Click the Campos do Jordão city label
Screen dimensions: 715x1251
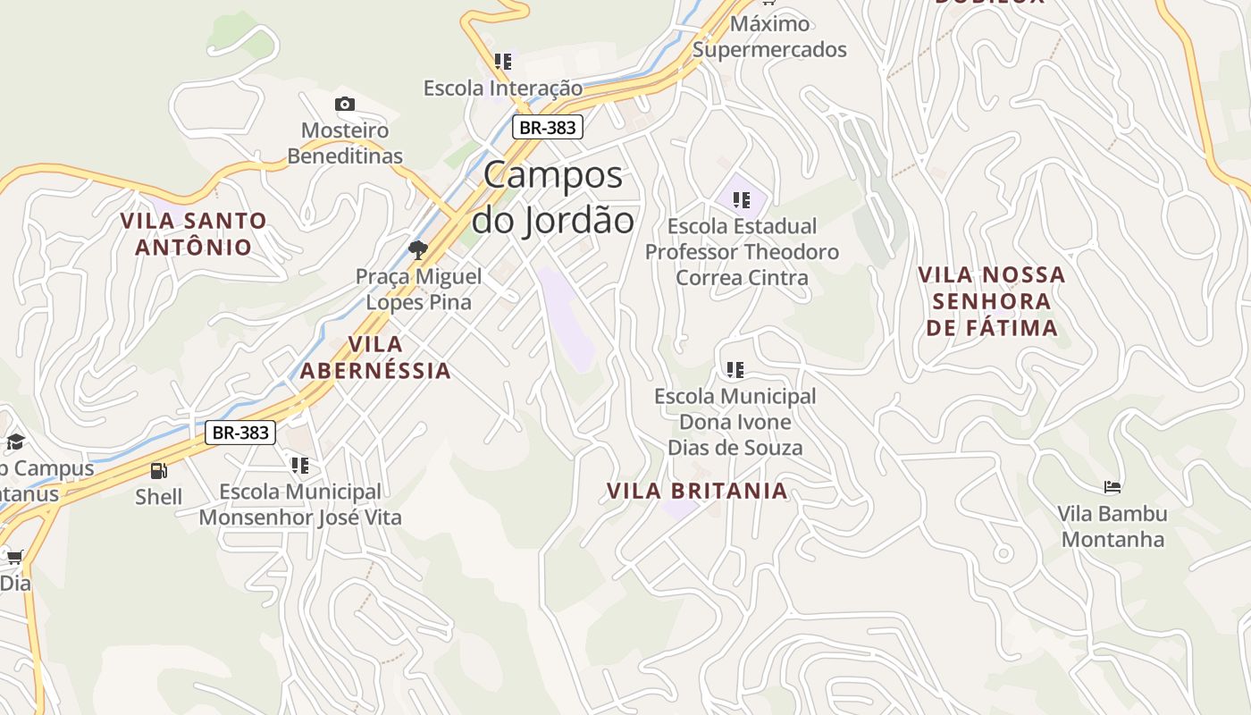pos(553,198)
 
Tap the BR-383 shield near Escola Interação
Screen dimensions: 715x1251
pos(548,128)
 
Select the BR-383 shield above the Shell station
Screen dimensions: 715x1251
pos(240,433)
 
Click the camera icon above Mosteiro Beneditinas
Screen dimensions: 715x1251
pos(345,105)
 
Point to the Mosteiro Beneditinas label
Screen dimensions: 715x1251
pos(345,143)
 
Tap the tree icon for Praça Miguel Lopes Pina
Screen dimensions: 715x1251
pos(417,249)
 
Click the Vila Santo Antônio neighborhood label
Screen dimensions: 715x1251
pos(194,233)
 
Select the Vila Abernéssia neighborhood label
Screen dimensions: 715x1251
pos(375,357)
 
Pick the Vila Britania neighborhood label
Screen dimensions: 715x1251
pos(697,491)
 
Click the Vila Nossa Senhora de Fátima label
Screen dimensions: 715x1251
pos(992,301)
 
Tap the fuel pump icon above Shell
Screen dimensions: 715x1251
pos(158,470)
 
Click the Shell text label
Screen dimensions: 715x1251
pos(158,496)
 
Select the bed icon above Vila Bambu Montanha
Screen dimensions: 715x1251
pos(1112,487)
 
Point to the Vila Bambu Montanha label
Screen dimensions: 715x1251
pos(1112,526)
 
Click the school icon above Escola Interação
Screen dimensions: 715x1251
pos(503,62)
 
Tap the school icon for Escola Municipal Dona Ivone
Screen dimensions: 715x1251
pos(735,369)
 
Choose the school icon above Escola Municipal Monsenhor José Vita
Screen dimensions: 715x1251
pos(300,465)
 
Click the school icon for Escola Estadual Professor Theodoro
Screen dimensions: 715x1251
pos(741,200)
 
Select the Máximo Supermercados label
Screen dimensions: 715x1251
pos(769,37)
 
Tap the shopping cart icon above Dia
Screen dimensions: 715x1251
pos(14,557)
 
